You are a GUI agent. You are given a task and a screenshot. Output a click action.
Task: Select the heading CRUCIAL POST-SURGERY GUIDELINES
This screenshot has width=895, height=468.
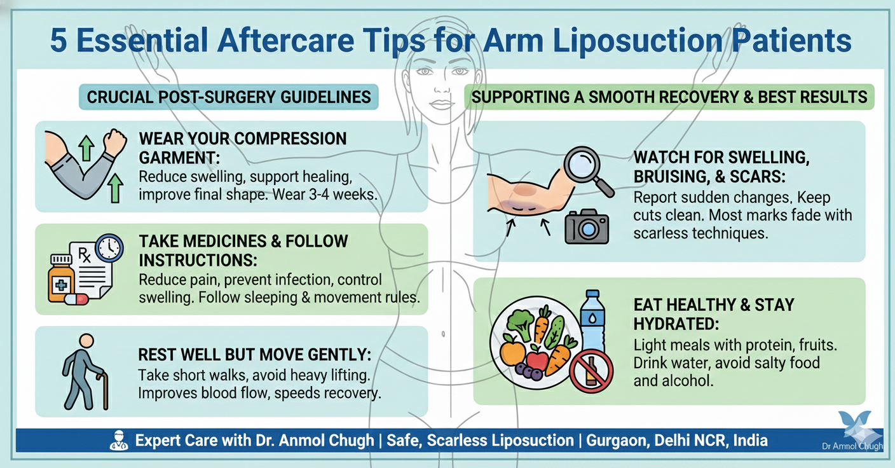point(229,97)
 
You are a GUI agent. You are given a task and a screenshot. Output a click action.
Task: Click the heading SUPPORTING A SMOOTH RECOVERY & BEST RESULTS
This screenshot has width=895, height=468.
point(669,97)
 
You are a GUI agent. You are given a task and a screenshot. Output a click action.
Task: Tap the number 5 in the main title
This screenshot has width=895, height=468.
point(60,41)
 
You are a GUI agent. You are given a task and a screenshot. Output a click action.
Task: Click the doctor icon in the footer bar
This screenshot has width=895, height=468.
point(118,439)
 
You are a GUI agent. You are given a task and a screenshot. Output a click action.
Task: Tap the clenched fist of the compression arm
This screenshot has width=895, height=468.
point(114,142)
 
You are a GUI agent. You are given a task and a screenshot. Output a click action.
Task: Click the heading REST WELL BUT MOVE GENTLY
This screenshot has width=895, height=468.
point(254,355)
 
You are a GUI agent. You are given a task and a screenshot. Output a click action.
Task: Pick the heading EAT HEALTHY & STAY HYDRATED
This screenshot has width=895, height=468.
point(713,313)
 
